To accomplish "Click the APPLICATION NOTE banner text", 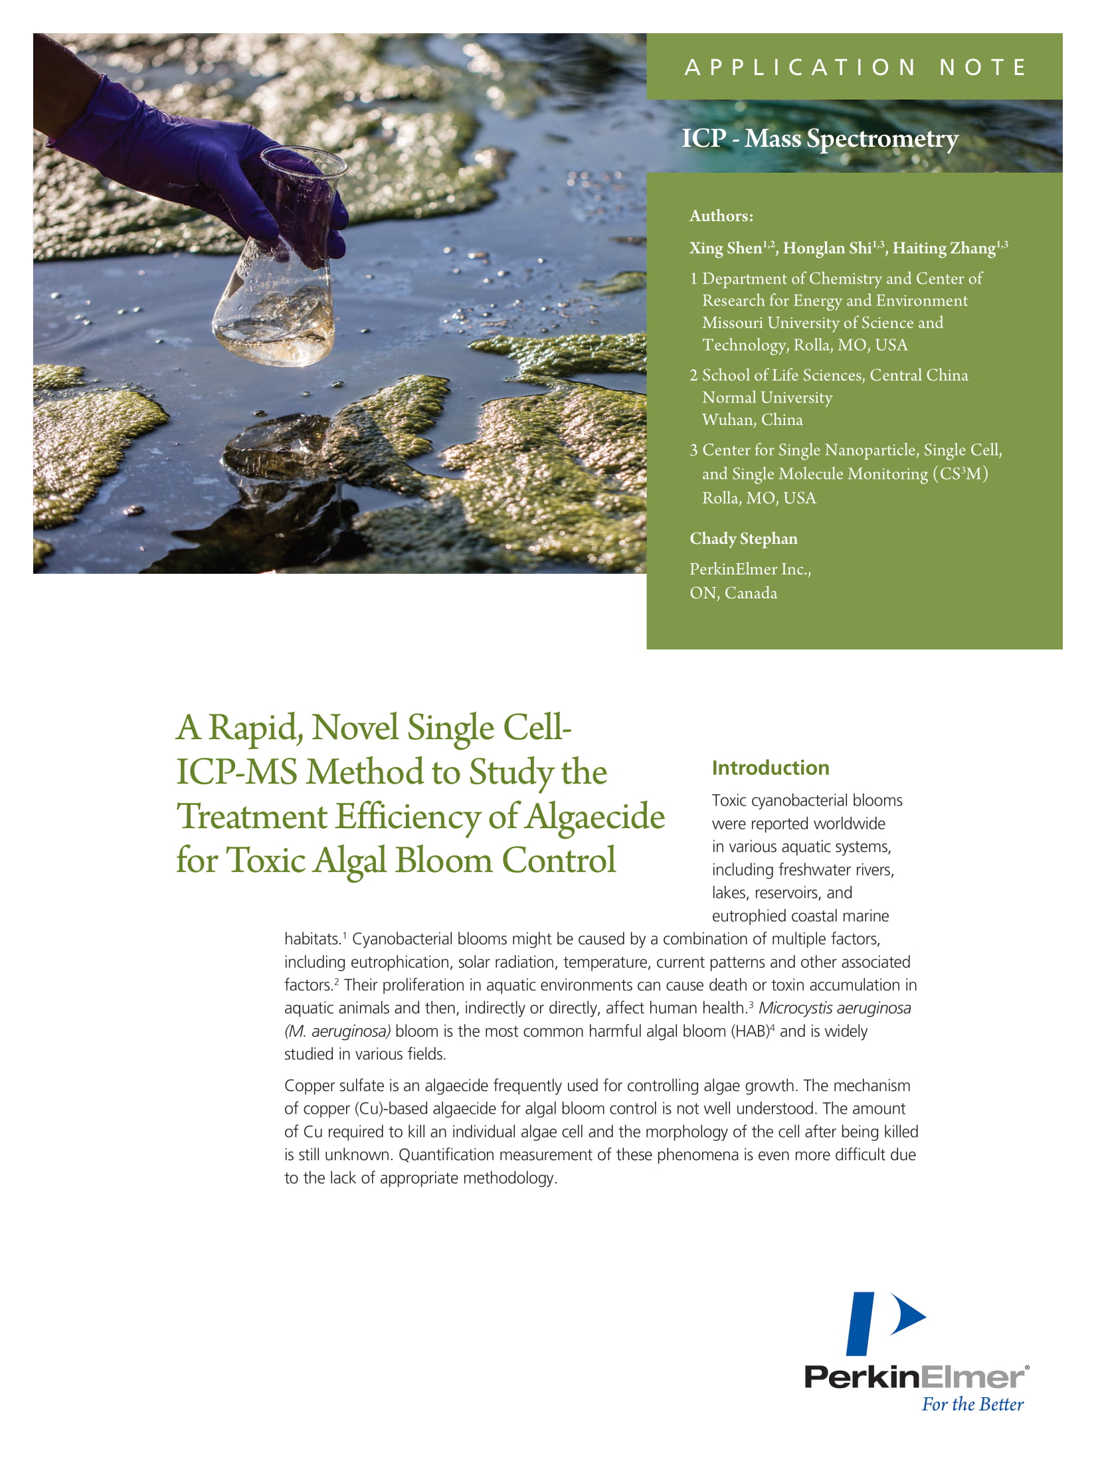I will [x=856, y=67].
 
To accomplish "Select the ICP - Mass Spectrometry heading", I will [x=820, y=139].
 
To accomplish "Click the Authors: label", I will [x=721, y=216].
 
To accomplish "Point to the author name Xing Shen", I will [x=725, y=248].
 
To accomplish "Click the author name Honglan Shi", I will [x=827, y=248].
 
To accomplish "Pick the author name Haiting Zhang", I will [x=943, y=248].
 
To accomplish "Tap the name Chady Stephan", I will [x=743, y=539].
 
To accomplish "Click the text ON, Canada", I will [x=733, y=593].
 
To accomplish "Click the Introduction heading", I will [x=771, y=768].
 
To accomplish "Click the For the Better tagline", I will [x=972, y=1405].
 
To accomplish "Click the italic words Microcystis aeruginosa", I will [x=834, y=1008].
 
